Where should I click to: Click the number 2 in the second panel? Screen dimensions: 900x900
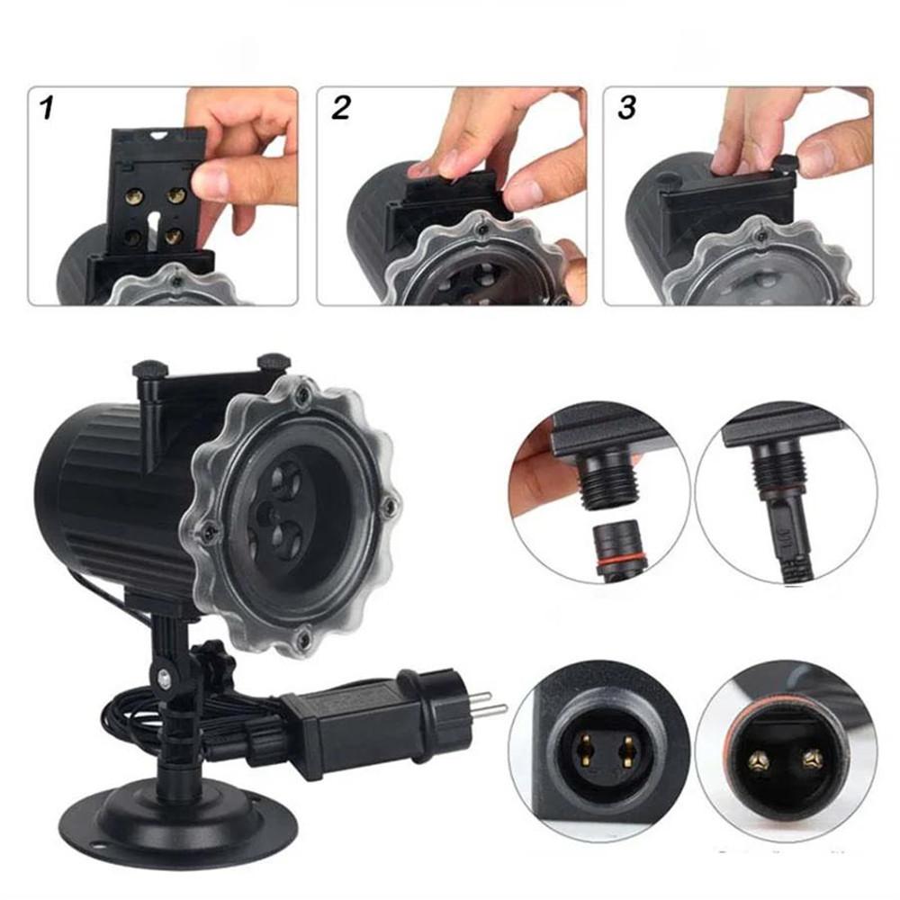[340, 109]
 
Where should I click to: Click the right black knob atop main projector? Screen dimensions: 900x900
[274, 361]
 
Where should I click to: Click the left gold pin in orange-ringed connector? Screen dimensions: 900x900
[758, 761]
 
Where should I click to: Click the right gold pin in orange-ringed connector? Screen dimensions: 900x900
[813, 758]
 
